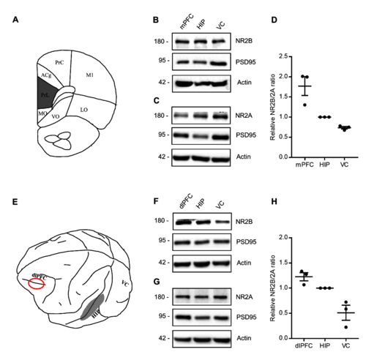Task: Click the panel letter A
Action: [15, 20]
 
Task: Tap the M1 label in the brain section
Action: [90, 75]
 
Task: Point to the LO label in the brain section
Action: [84, 110]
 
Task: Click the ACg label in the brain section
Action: [46, 75]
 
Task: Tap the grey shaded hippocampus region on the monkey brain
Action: [93, 307]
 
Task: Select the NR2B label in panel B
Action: [244, 41]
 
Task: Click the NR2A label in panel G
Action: [244, 297]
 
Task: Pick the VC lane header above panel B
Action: [220, 25]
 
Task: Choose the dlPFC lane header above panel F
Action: [186, 201]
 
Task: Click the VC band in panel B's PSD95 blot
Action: [221, 64]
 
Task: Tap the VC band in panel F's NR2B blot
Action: [222, 222]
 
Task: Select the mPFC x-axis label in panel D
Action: [305, 165]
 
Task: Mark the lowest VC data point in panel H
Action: [346, 327]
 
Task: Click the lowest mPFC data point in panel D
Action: [305, 105]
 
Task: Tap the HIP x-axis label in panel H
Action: [325, 345]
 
